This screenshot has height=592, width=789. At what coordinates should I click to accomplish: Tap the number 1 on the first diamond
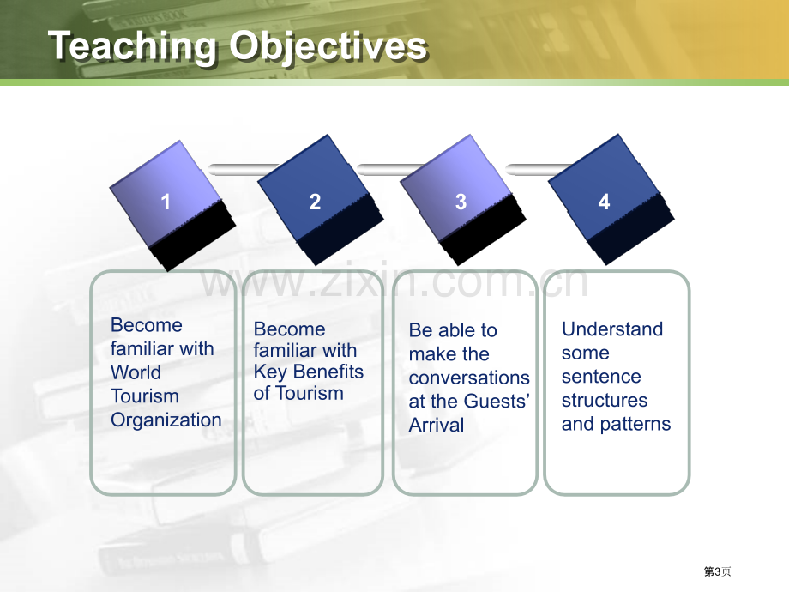(165, 202)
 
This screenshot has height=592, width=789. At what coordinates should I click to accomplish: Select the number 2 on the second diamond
(315, 202)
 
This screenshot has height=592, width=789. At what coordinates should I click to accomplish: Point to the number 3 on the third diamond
(461, 202)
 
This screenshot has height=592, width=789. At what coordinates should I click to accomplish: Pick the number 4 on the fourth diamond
(605, 202)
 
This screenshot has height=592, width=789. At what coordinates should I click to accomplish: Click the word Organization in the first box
(166, 420)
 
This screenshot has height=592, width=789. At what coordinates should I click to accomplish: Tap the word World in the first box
(136, 372)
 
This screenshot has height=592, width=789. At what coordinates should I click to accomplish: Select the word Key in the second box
(270, 372)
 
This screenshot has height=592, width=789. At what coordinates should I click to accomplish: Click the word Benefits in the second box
(328, 372)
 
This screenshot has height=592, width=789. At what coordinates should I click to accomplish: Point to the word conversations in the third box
(469, 378)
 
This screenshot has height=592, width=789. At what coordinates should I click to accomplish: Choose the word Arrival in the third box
(437, 425)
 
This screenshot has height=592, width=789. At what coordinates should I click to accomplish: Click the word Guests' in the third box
(497, 402)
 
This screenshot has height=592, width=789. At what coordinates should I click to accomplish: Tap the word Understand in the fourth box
(612, 329)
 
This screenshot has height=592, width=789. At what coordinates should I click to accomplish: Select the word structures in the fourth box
(605, 400)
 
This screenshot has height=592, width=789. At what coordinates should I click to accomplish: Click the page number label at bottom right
(718, 571)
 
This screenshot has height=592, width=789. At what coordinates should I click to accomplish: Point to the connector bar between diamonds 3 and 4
(539, 170)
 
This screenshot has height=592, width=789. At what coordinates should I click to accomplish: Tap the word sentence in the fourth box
(601, 377)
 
